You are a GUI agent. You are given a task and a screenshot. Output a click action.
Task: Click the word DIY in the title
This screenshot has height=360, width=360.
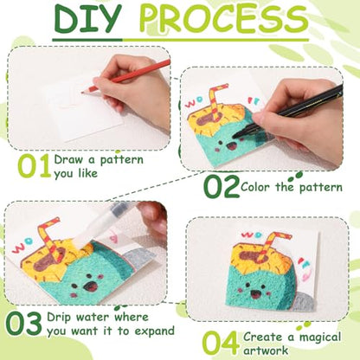click(x=87, y=18)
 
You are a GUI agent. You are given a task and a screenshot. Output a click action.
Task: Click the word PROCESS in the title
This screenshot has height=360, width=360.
click(x=223, y=18)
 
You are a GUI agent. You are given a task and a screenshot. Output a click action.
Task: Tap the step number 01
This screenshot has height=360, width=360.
click(x=35, y=165)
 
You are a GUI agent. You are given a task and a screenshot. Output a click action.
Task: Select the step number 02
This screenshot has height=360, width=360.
click(x=222, y=186)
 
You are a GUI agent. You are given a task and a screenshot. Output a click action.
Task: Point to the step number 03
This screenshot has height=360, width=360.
click(x=24, y=325)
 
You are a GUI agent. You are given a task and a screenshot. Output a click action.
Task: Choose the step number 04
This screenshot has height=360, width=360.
click(x=221, y=344)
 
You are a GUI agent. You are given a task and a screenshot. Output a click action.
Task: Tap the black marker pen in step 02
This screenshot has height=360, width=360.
click(x=288, y=111)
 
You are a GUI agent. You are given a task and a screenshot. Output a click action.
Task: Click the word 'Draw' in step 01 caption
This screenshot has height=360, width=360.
click(x=68, y=159)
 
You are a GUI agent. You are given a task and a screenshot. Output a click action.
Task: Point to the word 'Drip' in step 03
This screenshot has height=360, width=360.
click(x=59, y=318)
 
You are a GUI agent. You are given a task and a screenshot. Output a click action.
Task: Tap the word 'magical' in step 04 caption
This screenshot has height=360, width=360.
click(x=319, y=337)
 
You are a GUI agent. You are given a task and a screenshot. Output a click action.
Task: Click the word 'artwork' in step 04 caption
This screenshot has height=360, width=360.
click(x=266, y=350)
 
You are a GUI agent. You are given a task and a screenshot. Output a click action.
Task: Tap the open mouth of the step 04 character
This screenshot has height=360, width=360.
click(x=254, y=294)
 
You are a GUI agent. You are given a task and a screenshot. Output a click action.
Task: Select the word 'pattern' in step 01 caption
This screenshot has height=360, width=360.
click(x=121, y=160)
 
